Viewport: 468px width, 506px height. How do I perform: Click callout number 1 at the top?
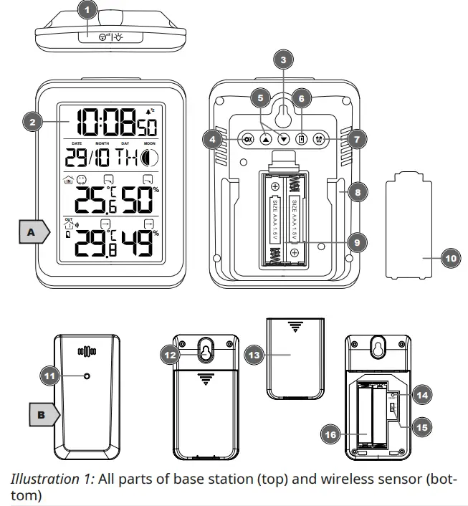pos(87,10)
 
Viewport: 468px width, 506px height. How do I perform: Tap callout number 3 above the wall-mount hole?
pos(283,60)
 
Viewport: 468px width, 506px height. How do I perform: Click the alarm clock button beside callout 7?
pos(319,140)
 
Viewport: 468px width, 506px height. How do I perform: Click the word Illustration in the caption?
pos(41,479)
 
